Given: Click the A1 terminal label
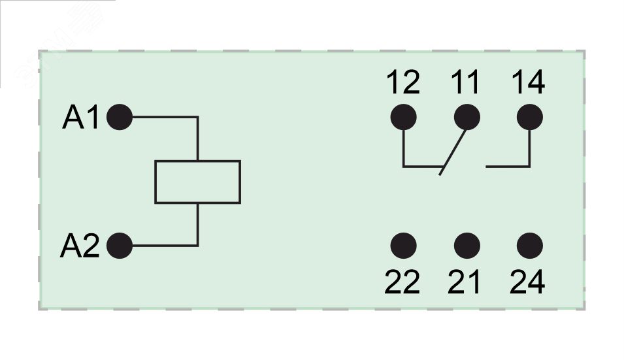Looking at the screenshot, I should [x=80, y=118].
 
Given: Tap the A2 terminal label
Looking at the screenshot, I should [x=79, y=246].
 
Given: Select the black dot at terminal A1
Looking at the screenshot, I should [x=119, y=118].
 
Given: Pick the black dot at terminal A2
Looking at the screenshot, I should [x=119, y=246].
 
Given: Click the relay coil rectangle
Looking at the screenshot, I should [x=197, y=182].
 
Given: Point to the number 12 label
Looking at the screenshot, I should [x=402, y=83].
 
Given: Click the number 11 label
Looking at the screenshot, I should [x=465, y=83].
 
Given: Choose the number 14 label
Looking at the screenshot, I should [x=528, y=83].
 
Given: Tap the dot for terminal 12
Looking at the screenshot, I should [x=403, y=118].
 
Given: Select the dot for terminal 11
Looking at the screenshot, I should [x=467, y=118].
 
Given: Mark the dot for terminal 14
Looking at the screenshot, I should [x=529, y=118].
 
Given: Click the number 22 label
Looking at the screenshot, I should [x=402, y=282].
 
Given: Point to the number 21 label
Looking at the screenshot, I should [x=465, y=282].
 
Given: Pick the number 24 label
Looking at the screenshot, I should [x=527, y=282].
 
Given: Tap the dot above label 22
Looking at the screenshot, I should [x=403, y=246].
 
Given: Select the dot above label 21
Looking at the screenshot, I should [x=467, y=246].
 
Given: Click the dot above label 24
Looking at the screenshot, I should [x=529, y=246].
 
